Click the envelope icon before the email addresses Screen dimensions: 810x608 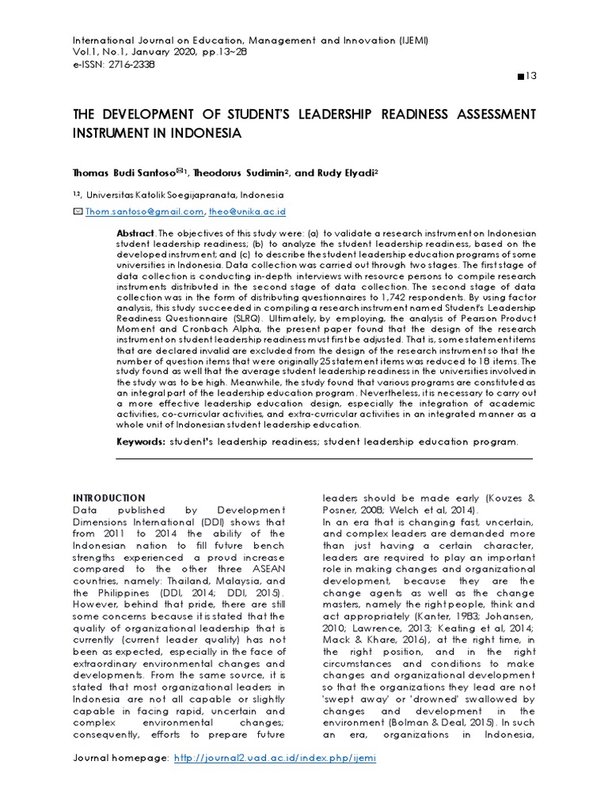click(77, 212)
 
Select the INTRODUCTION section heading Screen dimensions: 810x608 click(109, 498)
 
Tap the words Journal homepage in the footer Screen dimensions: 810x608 click(120, 757)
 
